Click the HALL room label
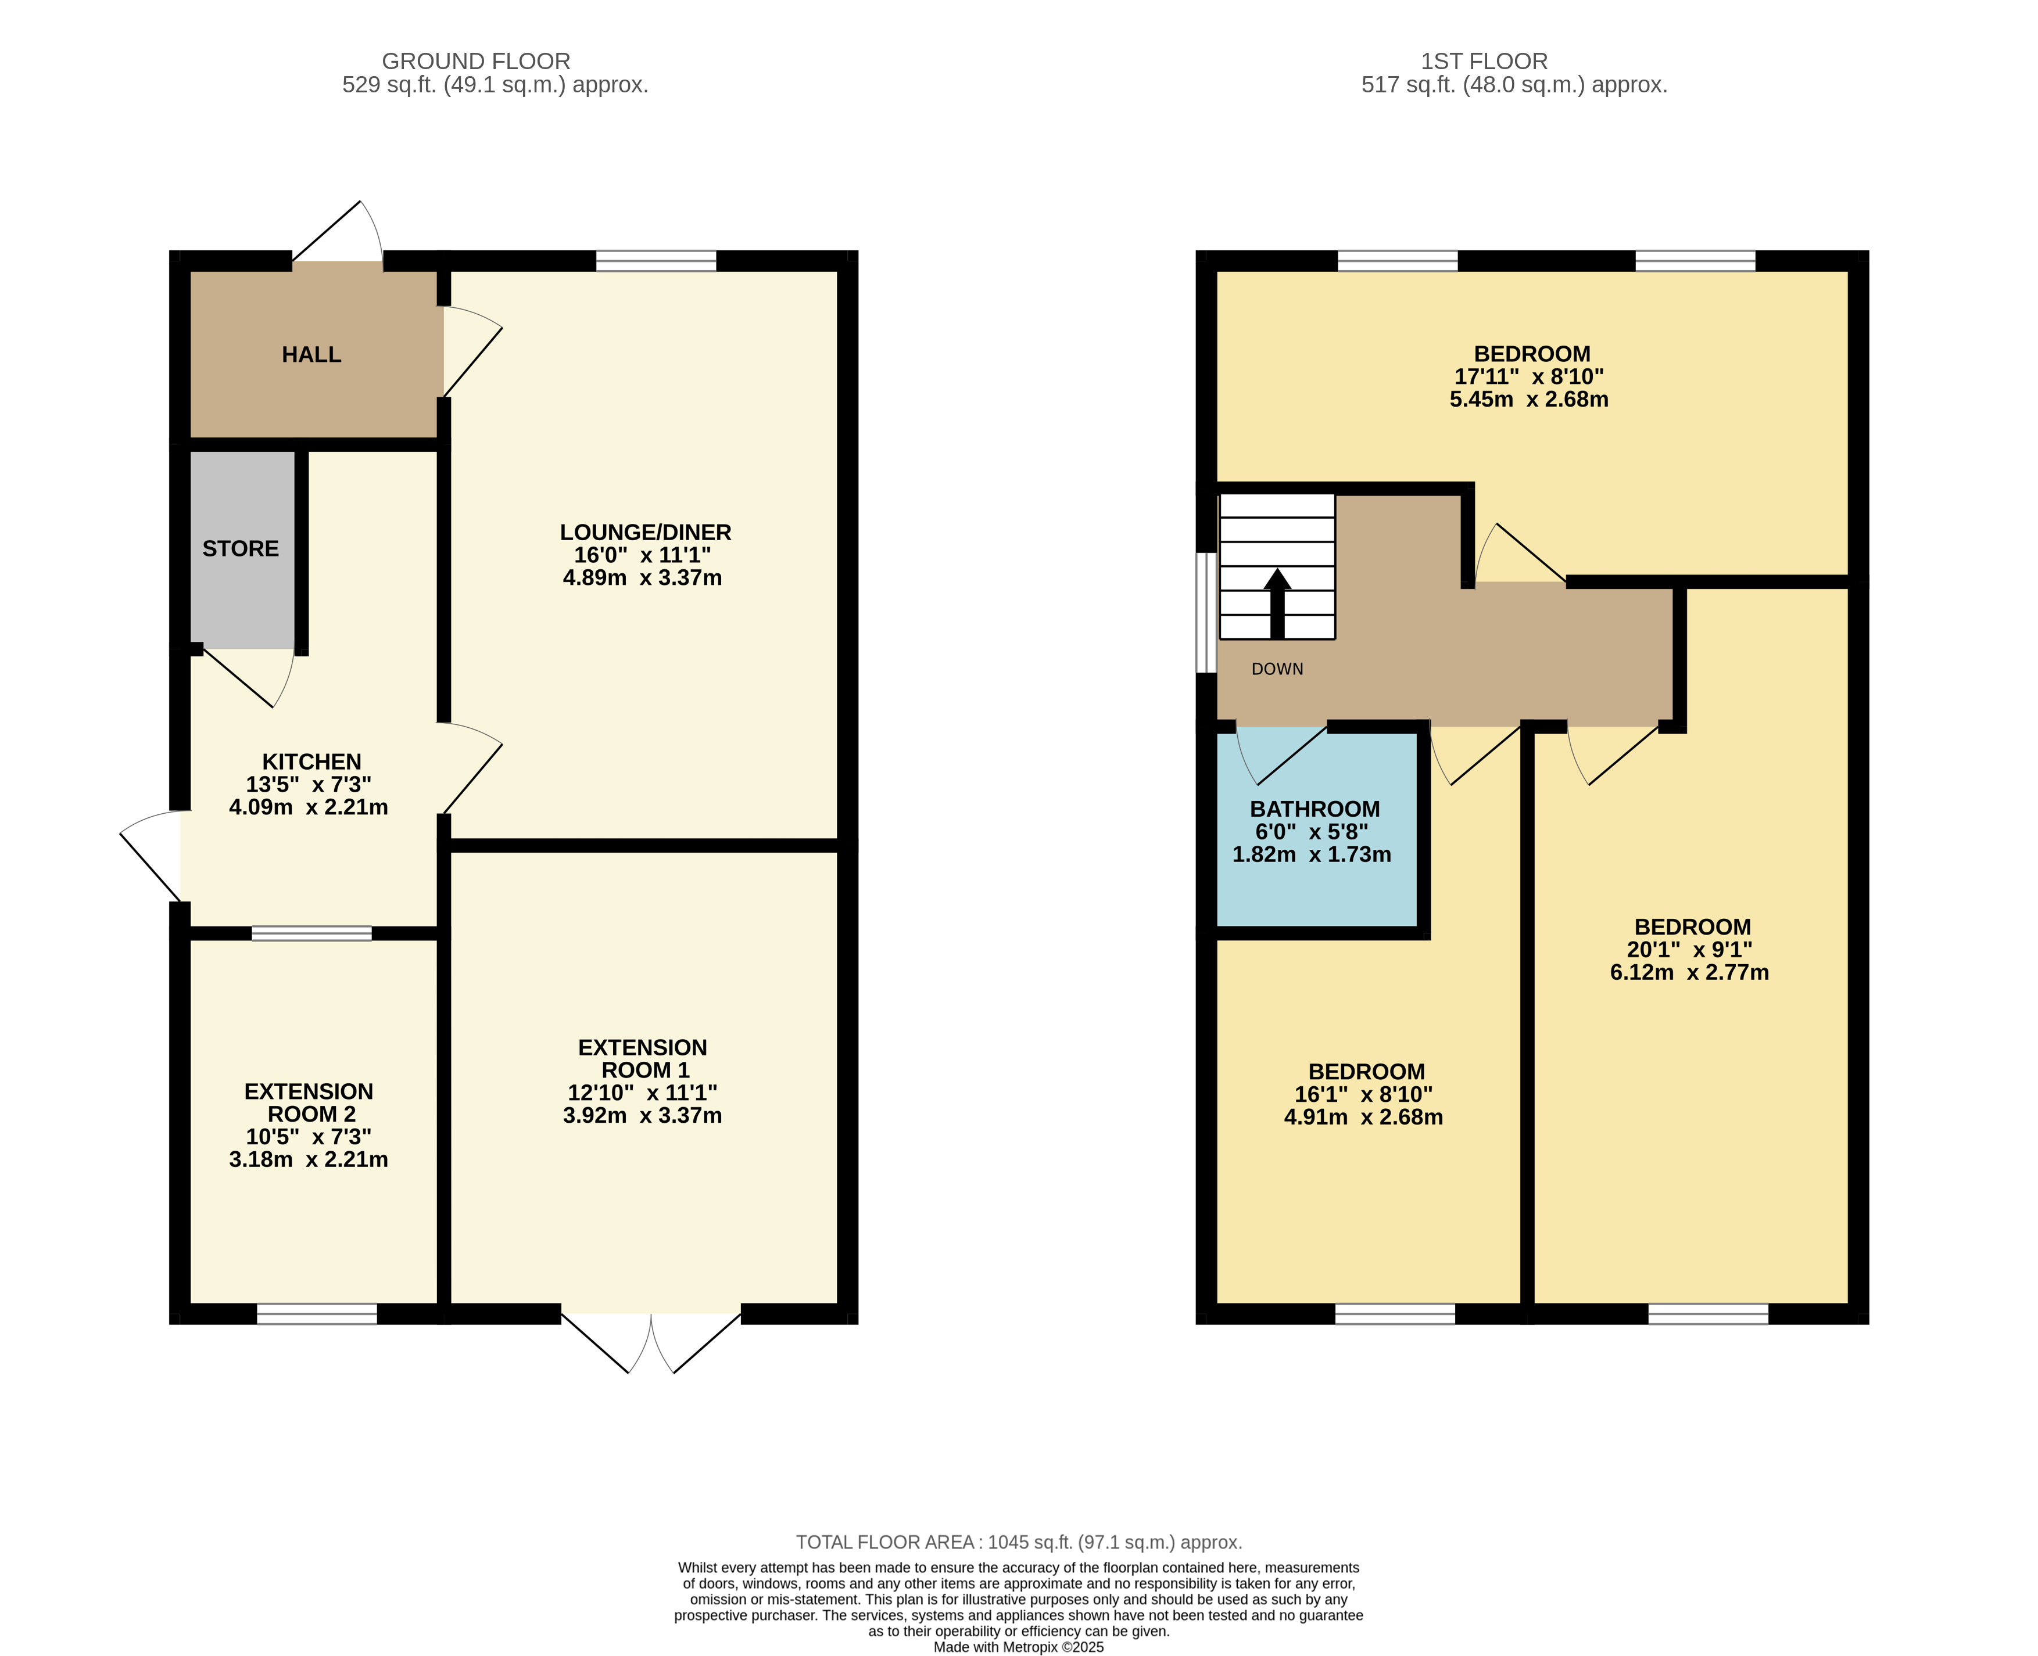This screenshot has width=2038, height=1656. click(311, 355)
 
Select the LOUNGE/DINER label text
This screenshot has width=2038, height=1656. click(645, 532)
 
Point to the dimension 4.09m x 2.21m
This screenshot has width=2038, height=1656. click(308, 807)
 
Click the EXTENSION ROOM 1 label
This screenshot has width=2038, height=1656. click(642, 1059)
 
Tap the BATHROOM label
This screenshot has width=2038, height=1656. click(1314, 809)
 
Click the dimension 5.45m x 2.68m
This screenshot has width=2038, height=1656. click(1528, 400)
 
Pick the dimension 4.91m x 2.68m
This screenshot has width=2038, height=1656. click(1363, 1117)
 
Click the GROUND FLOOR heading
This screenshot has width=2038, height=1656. click(476, 61)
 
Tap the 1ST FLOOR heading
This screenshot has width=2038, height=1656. click(1484, 61)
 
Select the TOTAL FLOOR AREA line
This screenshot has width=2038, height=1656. click(1018, 1543)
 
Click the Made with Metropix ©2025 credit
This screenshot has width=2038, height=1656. click(1018, 1647)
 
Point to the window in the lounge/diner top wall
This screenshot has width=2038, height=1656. click(656, 260)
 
